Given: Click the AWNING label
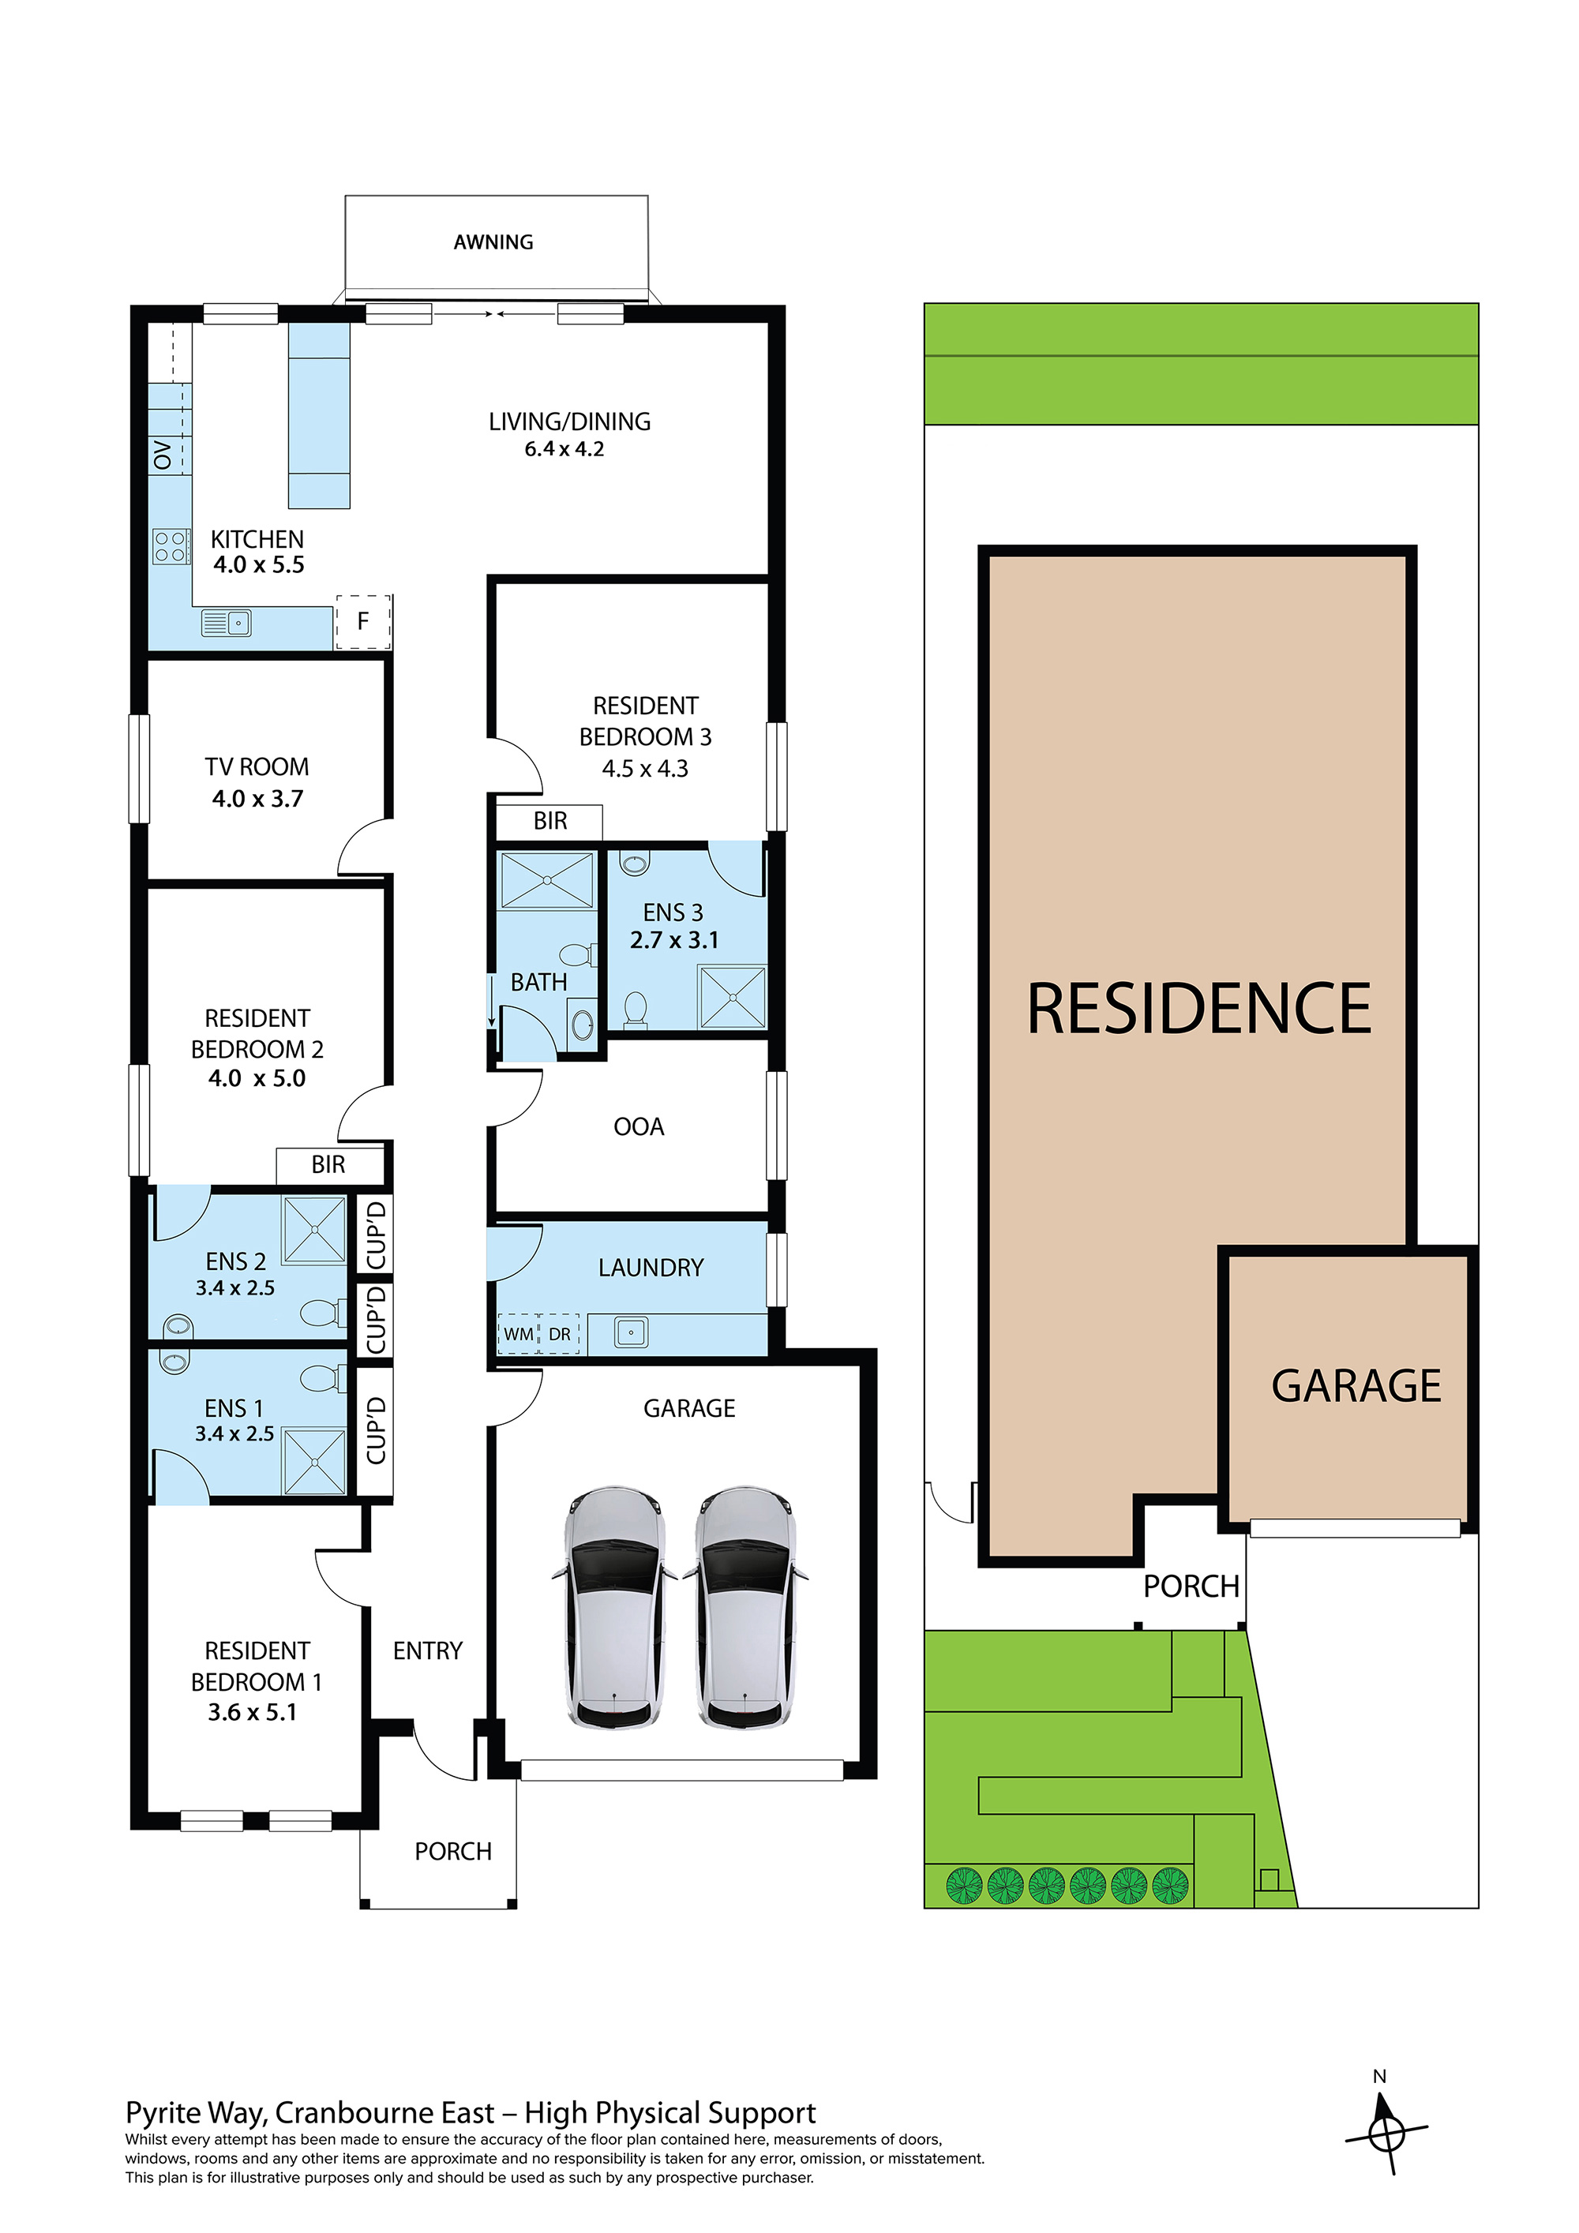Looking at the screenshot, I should (x=493, y=242).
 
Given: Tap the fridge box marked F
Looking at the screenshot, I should (x=363, y=621).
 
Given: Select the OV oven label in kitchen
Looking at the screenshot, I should (x=163, y=455).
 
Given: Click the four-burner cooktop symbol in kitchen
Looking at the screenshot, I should (x=171, y=546).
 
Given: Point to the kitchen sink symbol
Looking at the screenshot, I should (x=227, y=623).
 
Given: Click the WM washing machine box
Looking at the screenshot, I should (x=519, y=1333).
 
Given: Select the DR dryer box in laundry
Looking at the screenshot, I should (x=560, y=1333).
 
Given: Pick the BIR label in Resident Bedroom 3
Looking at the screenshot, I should (x=549, y=821).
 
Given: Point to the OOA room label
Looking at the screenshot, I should (x=638, y=1126).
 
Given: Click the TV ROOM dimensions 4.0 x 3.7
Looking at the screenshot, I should (x=258, y=799).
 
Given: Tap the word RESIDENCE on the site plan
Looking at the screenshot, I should (x=1198, y=1009).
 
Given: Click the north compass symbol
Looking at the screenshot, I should (x=1386, y=2136).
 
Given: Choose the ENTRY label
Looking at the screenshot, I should (x=427, y=1650).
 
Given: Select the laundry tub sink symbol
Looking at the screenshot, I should (x=631, y=1332).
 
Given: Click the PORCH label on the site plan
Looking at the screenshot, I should (x=1191, y=1587).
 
